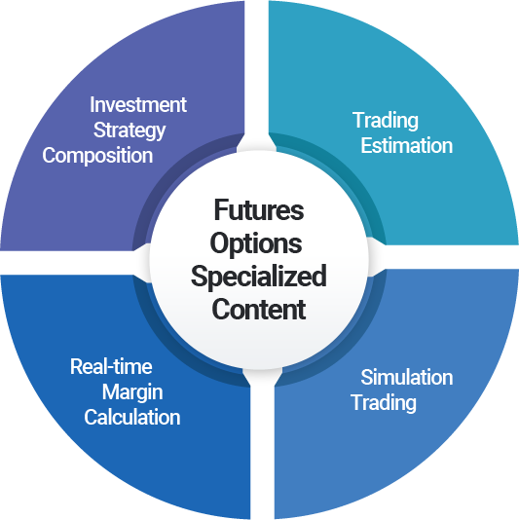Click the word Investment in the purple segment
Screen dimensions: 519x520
[138, 105]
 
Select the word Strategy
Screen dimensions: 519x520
[130, 130]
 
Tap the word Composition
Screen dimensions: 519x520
[97, 156]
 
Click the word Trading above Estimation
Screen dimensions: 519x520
[386, 121]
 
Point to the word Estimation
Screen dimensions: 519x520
[407, 146]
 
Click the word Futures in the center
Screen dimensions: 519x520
[259, 210]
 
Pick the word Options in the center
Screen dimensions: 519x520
[256, 244]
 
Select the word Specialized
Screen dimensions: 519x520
[259, 277]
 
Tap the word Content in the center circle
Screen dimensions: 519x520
[259, 309]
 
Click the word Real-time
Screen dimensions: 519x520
[111, 367]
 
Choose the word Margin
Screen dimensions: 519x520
[132, 392]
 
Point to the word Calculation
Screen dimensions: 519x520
[132, 417]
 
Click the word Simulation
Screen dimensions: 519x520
[407, 378]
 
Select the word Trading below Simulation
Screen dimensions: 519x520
[384, 403]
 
